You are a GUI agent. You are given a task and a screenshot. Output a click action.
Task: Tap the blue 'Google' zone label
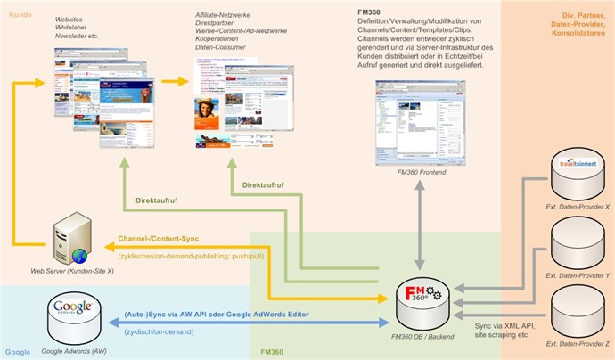tap(17, 351)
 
